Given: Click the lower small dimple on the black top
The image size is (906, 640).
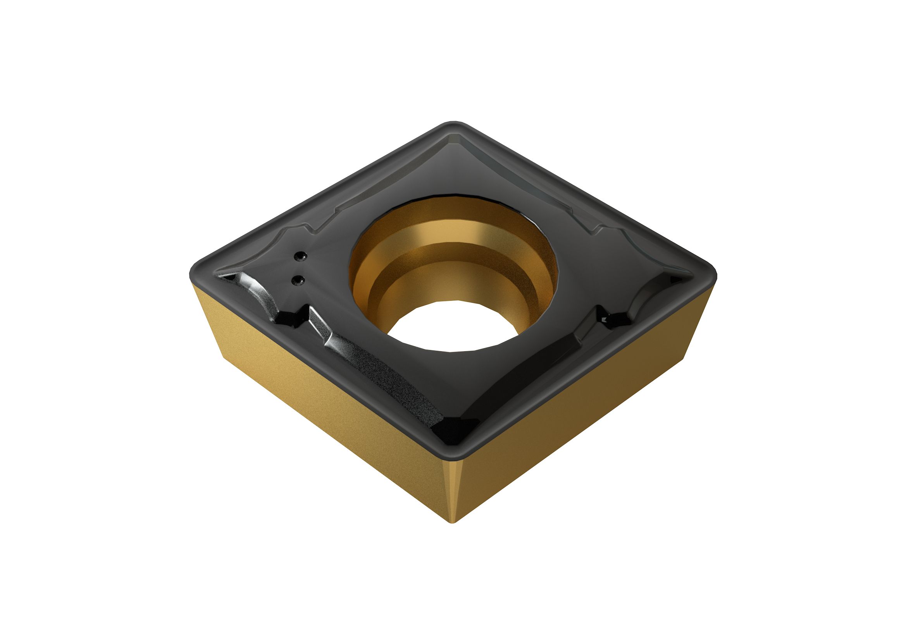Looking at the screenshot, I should (x=297, y=280).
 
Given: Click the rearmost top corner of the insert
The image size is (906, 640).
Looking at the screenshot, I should (x=454, y=125).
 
